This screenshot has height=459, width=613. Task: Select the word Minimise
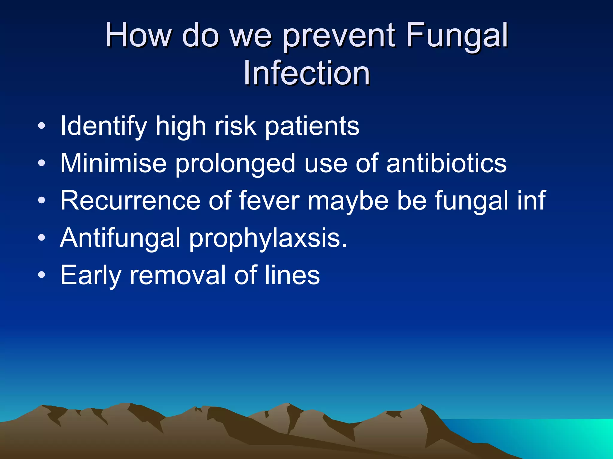tap(113, 163)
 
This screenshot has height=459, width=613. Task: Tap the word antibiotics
tap(446, 163)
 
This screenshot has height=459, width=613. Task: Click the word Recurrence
tap(130, 201)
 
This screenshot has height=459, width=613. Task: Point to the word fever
tap(269, 201)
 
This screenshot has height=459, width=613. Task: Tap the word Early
tap(90, 276)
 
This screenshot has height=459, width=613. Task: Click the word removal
tap(178, 275)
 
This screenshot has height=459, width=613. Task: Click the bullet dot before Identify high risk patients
tap(42, 126)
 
